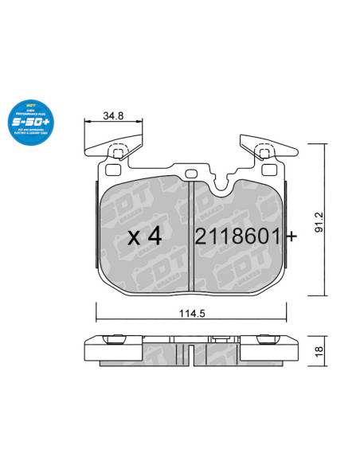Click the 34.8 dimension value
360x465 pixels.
point(113,116)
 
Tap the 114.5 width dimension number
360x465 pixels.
point(193,314)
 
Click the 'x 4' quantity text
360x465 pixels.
point(145,236)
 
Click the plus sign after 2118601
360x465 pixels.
point(292,236)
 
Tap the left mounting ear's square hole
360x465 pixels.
point(117,153)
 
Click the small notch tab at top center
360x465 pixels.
point(191,174)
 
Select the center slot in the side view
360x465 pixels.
point(192,351)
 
